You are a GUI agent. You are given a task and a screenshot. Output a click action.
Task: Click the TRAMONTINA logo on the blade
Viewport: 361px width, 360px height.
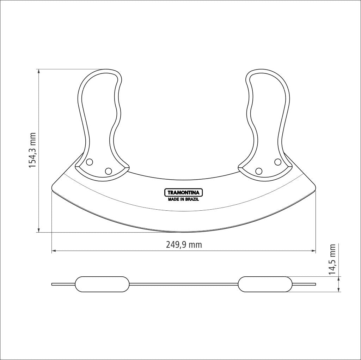click(x=183, y=192)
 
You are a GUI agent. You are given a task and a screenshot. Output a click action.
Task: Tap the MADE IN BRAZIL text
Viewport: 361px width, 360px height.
click(x=183, y=199)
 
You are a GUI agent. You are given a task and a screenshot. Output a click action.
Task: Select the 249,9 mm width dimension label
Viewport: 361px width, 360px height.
click(x=184, y=245)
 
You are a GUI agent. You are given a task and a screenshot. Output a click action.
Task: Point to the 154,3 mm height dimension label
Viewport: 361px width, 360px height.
click(x=32, y=150)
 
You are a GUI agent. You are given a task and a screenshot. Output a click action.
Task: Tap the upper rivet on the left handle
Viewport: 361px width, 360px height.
click(x=89, y=162)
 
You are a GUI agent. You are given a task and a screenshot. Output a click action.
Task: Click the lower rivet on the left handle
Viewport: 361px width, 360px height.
click(x=109, y=171)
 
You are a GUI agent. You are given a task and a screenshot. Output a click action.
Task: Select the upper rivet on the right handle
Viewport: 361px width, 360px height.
click(x=278, y=162)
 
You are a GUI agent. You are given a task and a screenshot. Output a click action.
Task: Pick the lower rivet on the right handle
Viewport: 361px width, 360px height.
click(x=259, y=171)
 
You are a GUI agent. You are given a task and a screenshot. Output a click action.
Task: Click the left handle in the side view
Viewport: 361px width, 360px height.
click(x=102, y=284)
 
